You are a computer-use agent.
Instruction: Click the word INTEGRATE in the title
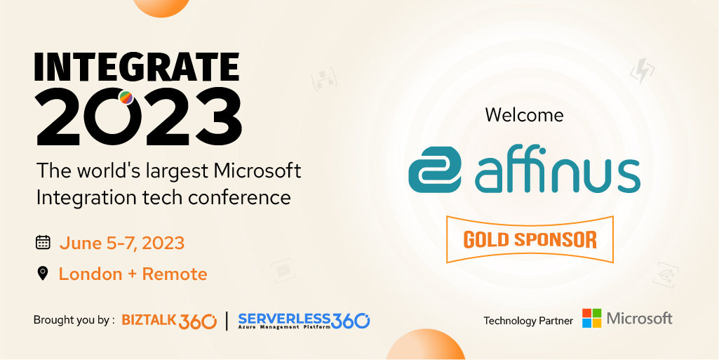pos(136,67)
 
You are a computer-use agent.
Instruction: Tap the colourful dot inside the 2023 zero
pos(126,98)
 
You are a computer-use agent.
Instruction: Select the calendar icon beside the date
pos(43,243)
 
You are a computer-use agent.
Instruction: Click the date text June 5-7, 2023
pos(121,244)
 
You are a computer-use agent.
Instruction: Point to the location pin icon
pos(43,274)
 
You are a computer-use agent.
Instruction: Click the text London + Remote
pos(133,274)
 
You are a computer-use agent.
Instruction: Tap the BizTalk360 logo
pos(169,321)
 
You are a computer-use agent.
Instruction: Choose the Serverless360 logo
pos(304,321)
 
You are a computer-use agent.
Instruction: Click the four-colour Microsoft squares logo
pos(591,318)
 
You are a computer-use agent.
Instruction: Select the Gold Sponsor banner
pos(530,239)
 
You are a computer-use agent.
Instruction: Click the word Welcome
pos(524,114)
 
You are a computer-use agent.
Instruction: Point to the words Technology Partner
pos(528,321)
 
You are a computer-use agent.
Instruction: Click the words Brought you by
pos(74,320)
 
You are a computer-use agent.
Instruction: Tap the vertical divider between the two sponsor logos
pos(227,321)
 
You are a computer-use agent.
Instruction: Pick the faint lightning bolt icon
pos(643,72)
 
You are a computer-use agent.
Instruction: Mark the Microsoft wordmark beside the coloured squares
pos(639,319)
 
